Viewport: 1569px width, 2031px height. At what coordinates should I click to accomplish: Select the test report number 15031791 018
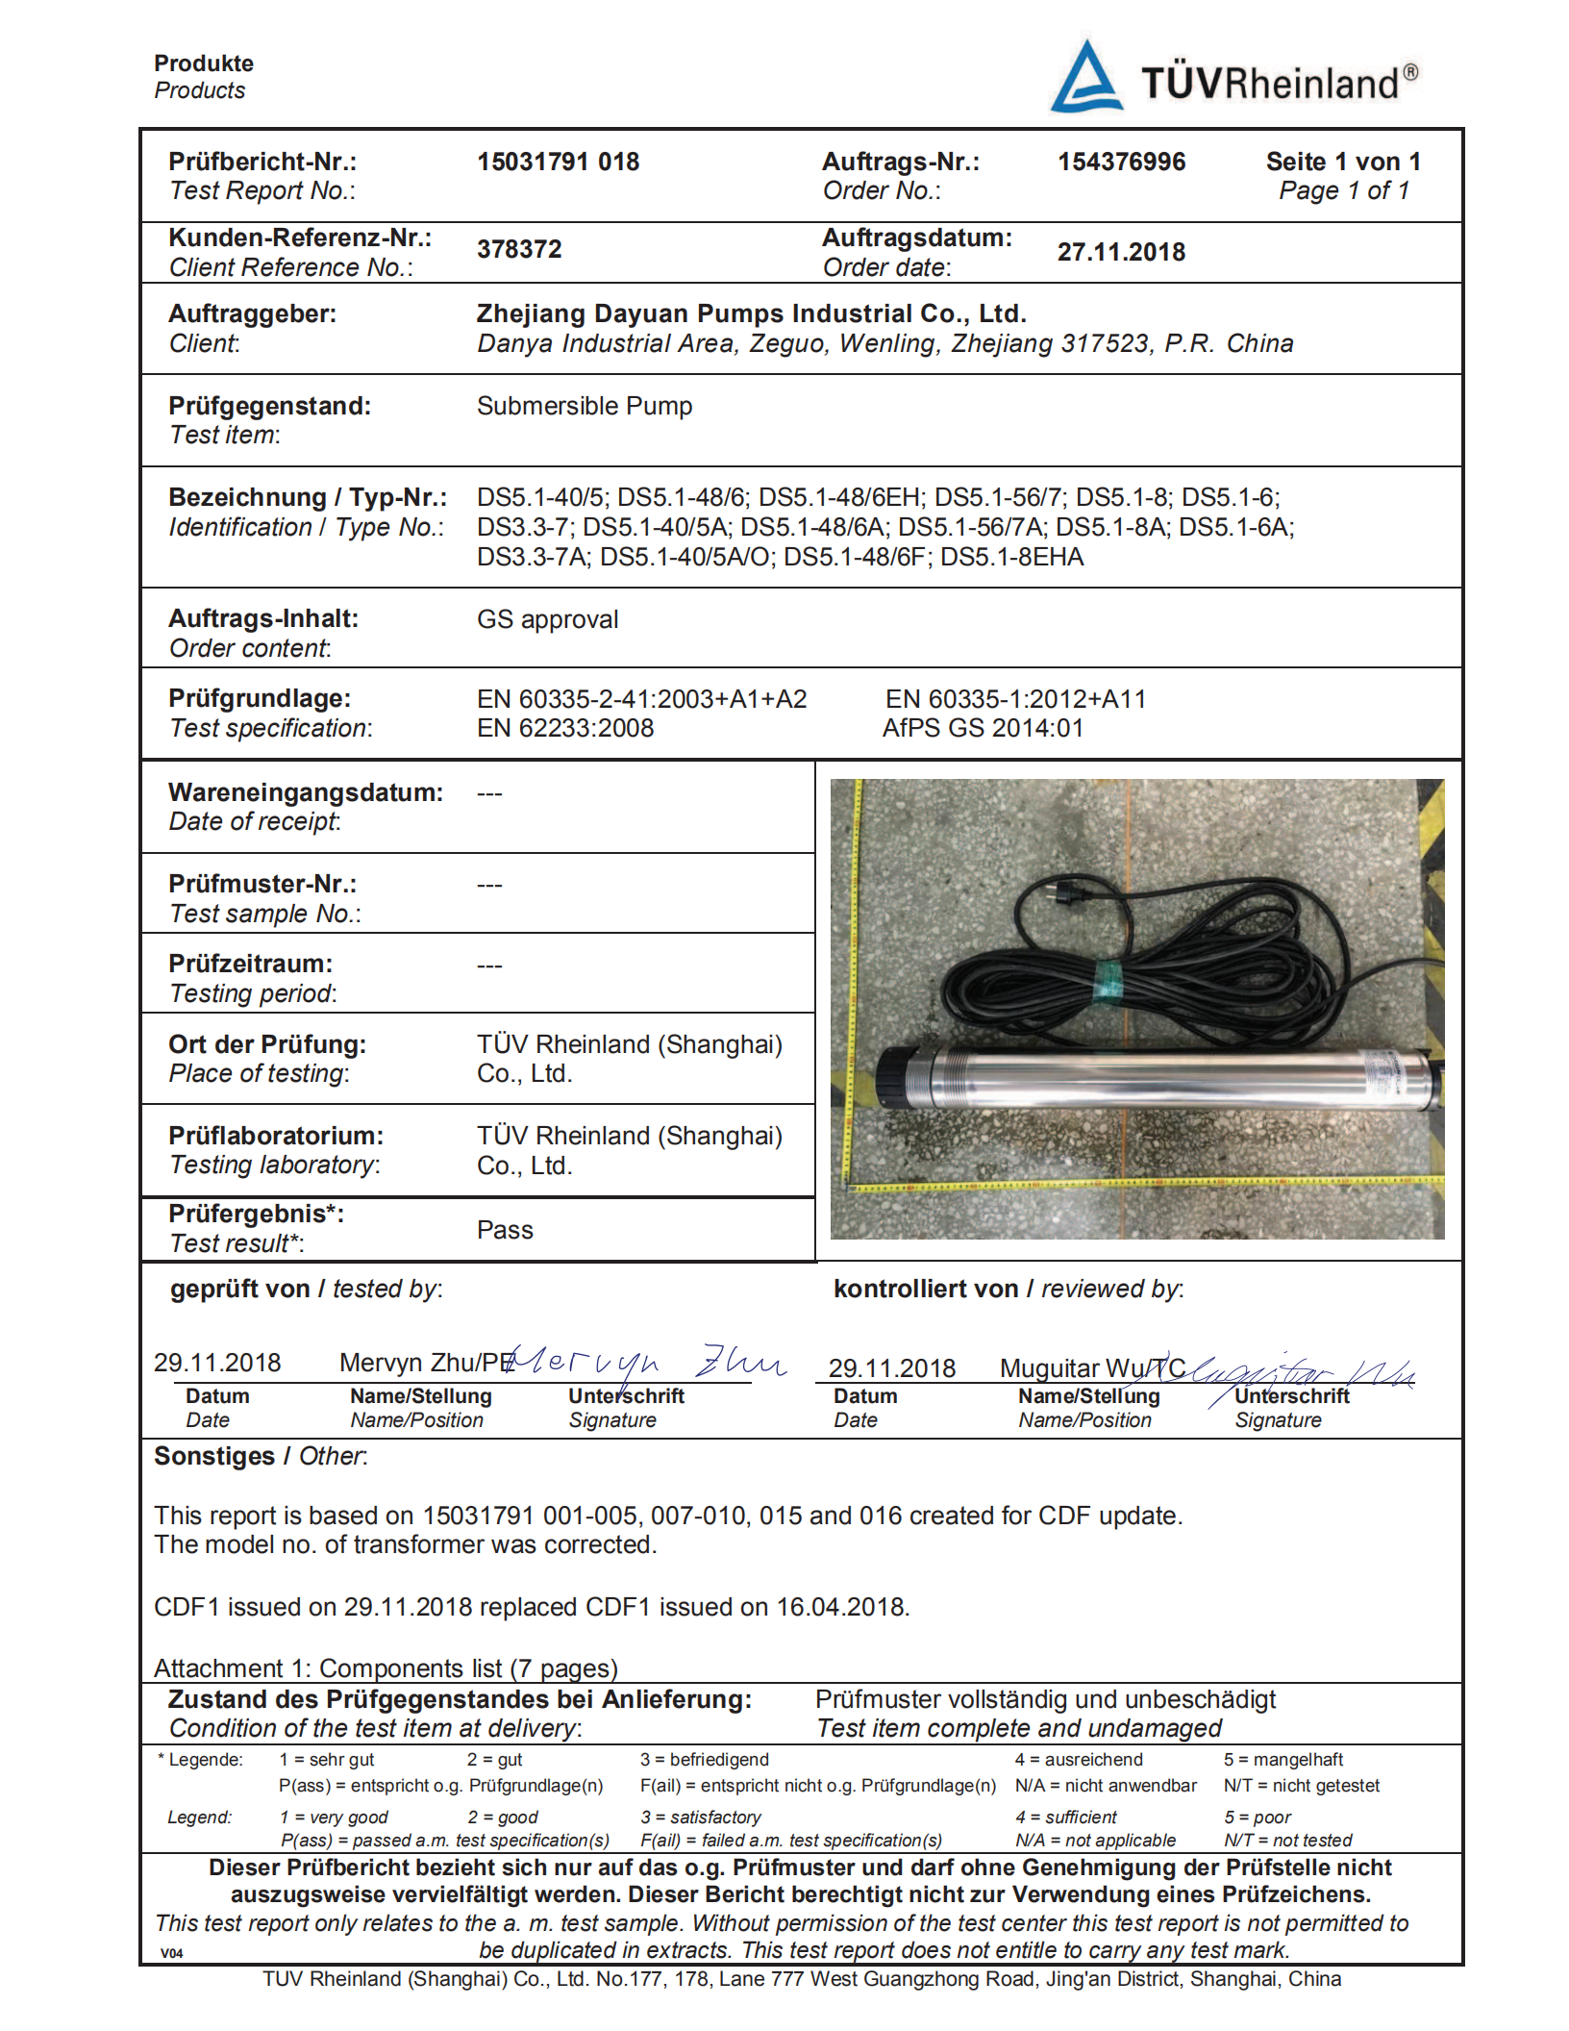click(x=558, y=162)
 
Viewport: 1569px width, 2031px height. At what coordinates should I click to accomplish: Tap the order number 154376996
click(x=1121, y=162)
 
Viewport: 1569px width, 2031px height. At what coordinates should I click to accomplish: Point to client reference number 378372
click(x=519, y=249)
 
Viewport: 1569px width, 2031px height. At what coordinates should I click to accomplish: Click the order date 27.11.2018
click(x=1121, y=252)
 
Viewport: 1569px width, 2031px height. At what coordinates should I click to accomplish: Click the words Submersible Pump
click(x=584, y=406)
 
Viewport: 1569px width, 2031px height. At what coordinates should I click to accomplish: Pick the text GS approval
click(x=547, y=619)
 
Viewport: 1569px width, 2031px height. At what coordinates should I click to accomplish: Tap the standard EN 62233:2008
click(x=565, y=728)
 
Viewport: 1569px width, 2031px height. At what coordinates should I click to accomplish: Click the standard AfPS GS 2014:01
click(x=983, y=728)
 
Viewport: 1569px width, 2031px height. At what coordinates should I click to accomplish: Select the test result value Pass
click(x=505, y=1230)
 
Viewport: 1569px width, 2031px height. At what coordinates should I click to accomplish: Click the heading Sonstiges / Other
click(x=261, y=1456)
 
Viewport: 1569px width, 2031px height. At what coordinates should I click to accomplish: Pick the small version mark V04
click(x=172, y=1953)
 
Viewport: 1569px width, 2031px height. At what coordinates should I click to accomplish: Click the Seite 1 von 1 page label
click(x=1342, y=162)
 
